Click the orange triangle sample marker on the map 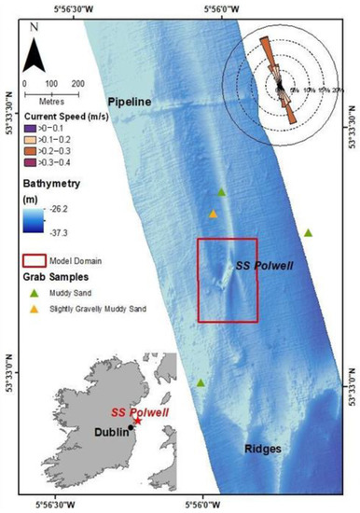click(x=214, y=215)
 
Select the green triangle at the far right click(x=309, y=232)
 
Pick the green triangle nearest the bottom click(x=201, y=382)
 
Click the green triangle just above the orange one click(x=221, y=192)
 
